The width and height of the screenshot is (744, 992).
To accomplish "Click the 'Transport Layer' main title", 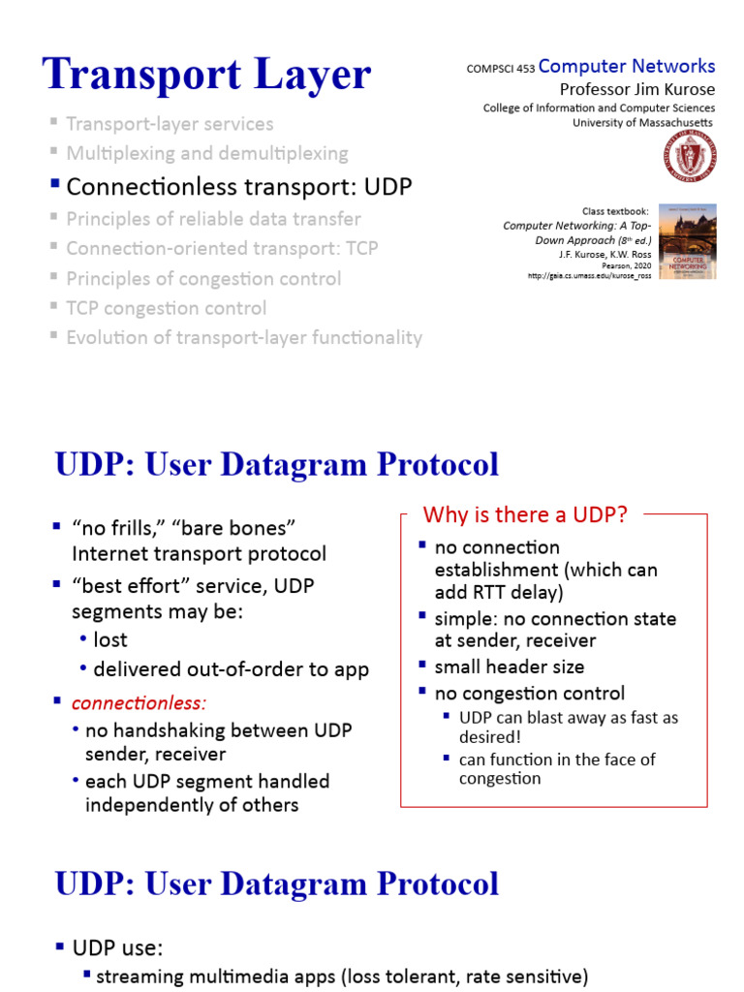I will (206, 75).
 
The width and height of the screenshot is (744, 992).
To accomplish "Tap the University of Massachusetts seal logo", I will (690, 157).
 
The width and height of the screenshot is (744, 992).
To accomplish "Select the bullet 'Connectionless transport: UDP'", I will (238, 186).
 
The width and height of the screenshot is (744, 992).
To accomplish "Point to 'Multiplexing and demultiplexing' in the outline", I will (207, 153).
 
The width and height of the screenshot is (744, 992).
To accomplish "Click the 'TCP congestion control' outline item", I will (166, 308).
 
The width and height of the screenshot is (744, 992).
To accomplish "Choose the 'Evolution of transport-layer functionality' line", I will (244, 338).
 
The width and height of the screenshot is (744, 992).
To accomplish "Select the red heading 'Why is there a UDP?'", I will (526, 514).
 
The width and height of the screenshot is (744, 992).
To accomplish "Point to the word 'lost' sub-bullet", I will (110, 640).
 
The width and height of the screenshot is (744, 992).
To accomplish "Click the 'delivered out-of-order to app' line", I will (231, 669).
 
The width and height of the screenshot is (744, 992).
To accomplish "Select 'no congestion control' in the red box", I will (529, 693).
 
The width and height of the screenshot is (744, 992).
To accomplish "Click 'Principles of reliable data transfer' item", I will (213, 219).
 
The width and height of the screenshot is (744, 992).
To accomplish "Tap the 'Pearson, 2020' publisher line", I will (628, 264).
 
